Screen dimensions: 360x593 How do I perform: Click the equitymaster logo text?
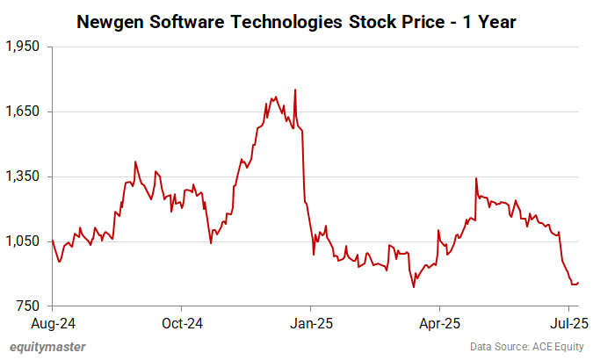pos(47,347)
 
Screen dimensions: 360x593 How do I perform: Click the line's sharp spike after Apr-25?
pos(475,178)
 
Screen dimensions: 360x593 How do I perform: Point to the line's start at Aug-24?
pos(53,240)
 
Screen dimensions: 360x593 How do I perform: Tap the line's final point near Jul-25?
pos(578,282)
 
